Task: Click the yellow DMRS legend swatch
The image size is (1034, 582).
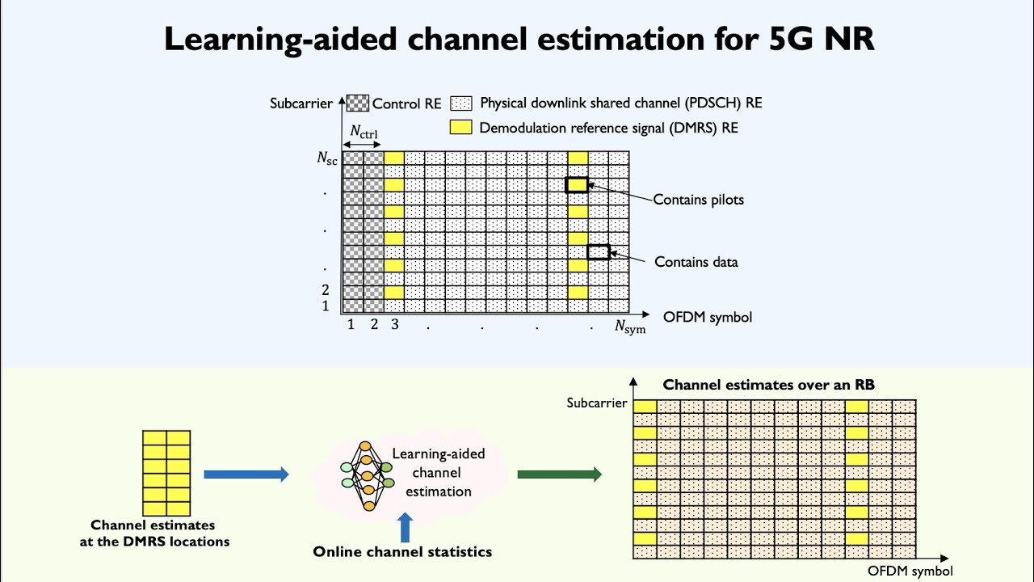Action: tap(460, 127)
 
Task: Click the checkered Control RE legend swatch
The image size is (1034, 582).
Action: tap(358, 103)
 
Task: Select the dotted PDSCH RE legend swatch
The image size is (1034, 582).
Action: tap(461, 103)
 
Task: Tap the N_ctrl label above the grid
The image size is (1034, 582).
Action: tap(364, 132)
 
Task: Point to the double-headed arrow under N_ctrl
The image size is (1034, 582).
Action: tap(362, 145)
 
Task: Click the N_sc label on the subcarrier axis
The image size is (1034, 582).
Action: tap(327, 158)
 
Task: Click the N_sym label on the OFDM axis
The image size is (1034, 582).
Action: tap(630, 327)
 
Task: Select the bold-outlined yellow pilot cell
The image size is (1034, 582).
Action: tap(577, 185)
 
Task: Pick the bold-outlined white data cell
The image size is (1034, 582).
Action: tap(599, 252)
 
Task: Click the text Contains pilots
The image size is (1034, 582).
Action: tap(699, 200)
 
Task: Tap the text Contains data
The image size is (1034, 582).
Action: tap(696, 262)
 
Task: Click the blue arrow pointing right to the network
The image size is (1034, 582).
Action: tap(246, 474)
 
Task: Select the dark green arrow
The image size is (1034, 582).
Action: tap(560, 474)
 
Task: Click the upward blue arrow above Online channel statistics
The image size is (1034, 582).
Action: tap(405, 528)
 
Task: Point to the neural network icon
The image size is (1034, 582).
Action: tap(368, 476)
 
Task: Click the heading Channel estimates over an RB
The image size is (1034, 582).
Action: tap(768, 385)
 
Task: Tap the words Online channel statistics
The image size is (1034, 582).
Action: tap(402, 551)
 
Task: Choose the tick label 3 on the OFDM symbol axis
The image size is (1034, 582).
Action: tap(395, 324)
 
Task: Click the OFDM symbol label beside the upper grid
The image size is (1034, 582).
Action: tap(708, 318)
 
